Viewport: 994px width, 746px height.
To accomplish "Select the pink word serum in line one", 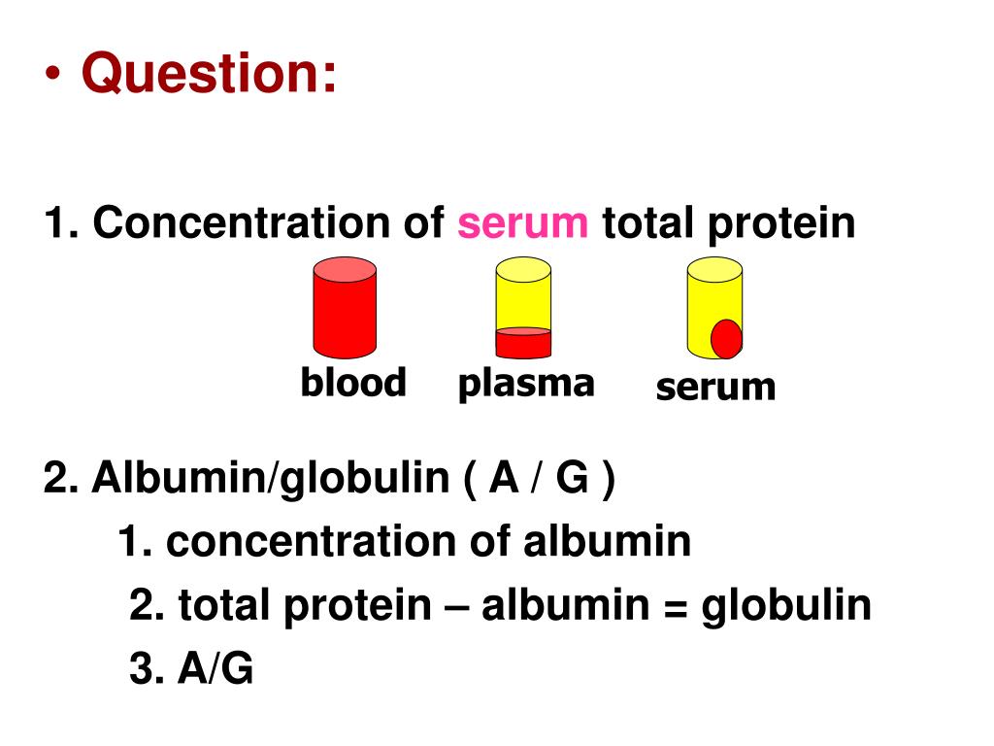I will pyautogui.click(x=523, y=224).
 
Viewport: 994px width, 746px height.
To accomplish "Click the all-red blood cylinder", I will pyautogui.click(x=345, y=311).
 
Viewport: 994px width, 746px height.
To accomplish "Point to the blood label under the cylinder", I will pyautogui.click(x=352, y=383).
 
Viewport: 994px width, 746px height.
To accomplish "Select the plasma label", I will pyautogui.click(x=525, y=383).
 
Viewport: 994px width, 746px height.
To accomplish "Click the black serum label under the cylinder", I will pyautogui.click(x=715, y=387).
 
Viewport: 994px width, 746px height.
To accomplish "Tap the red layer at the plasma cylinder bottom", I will pyautogui.click(x=523, y=343).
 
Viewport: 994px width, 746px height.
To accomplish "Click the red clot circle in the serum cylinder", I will pyautogui.click(x=726, y=338).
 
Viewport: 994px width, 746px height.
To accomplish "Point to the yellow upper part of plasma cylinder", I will pyautogui.click(x=523, y=297).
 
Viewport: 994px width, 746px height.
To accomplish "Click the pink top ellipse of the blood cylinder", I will pyautogui.click(x=345, y=269).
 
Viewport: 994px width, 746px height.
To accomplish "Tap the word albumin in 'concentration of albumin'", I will pyautogui.click(x=608, y=541).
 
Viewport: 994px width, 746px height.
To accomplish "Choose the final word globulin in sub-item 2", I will pyautogui.click(x=786, y=606).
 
